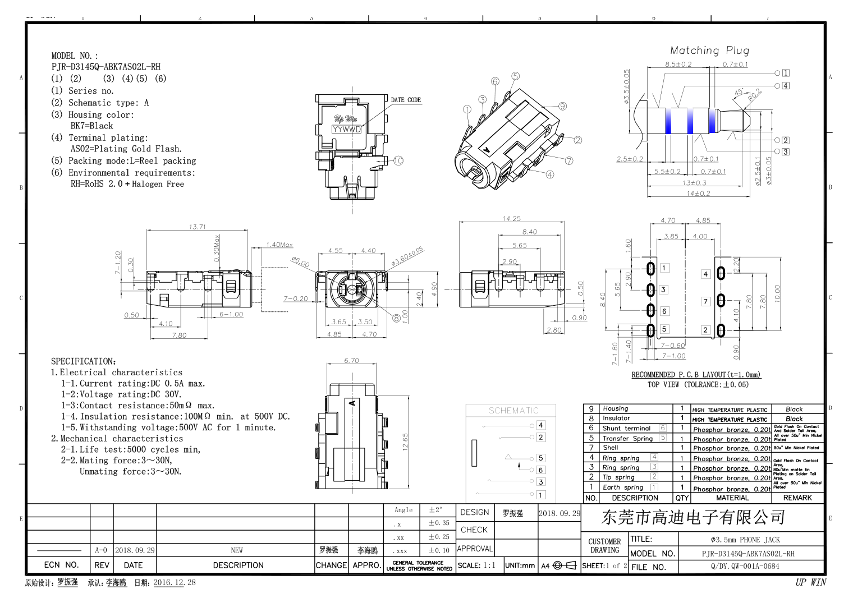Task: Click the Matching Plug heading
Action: pyautogui.click(x=709, y=50)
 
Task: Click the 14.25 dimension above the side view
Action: pyautogui.click(x=511, y=219)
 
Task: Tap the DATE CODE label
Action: pyautogui.click(x=406, y=100)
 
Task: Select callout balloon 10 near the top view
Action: pyautogui.click(x=398, y=160)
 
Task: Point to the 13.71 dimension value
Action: pyautogui.click(x=197, y=227)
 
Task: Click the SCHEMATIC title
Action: pyautogui.click(x=513, y=411)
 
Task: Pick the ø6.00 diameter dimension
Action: pyautogui.click(x=300, y=262)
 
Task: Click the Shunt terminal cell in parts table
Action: pyautogui.click(x=626, y=428)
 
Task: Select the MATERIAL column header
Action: pyautogui.click(x=732, y=498)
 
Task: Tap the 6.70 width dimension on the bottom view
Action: pyautogui.click(x=351, y=360)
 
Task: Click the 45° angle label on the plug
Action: pyautogui.click(x=739, y=92)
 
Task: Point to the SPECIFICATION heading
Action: pyautogui.click(x=84, y=361)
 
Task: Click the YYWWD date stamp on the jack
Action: pyautogui.click(x=347, y=129)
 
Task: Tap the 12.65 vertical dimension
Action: pyautogui.click(x=405, y=441)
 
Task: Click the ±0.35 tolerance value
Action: pyautogui.click(x=438, y=523)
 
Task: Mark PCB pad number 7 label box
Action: pyautogui.click(x=705, y=302)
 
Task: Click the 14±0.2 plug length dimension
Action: pyautogui.click(x=698, y=193)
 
